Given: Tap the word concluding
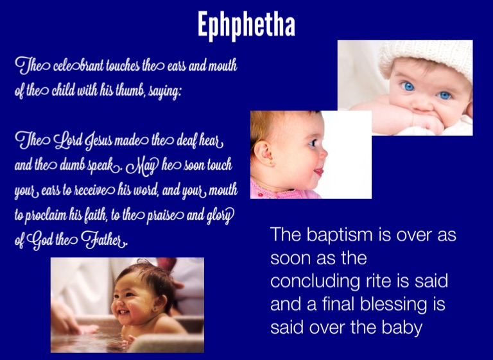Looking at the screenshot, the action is point(315,281).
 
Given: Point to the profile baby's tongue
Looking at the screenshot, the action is point(319,172).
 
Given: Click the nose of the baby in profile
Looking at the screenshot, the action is point(324,153).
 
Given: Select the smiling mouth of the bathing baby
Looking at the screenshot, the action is point(123,313).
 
